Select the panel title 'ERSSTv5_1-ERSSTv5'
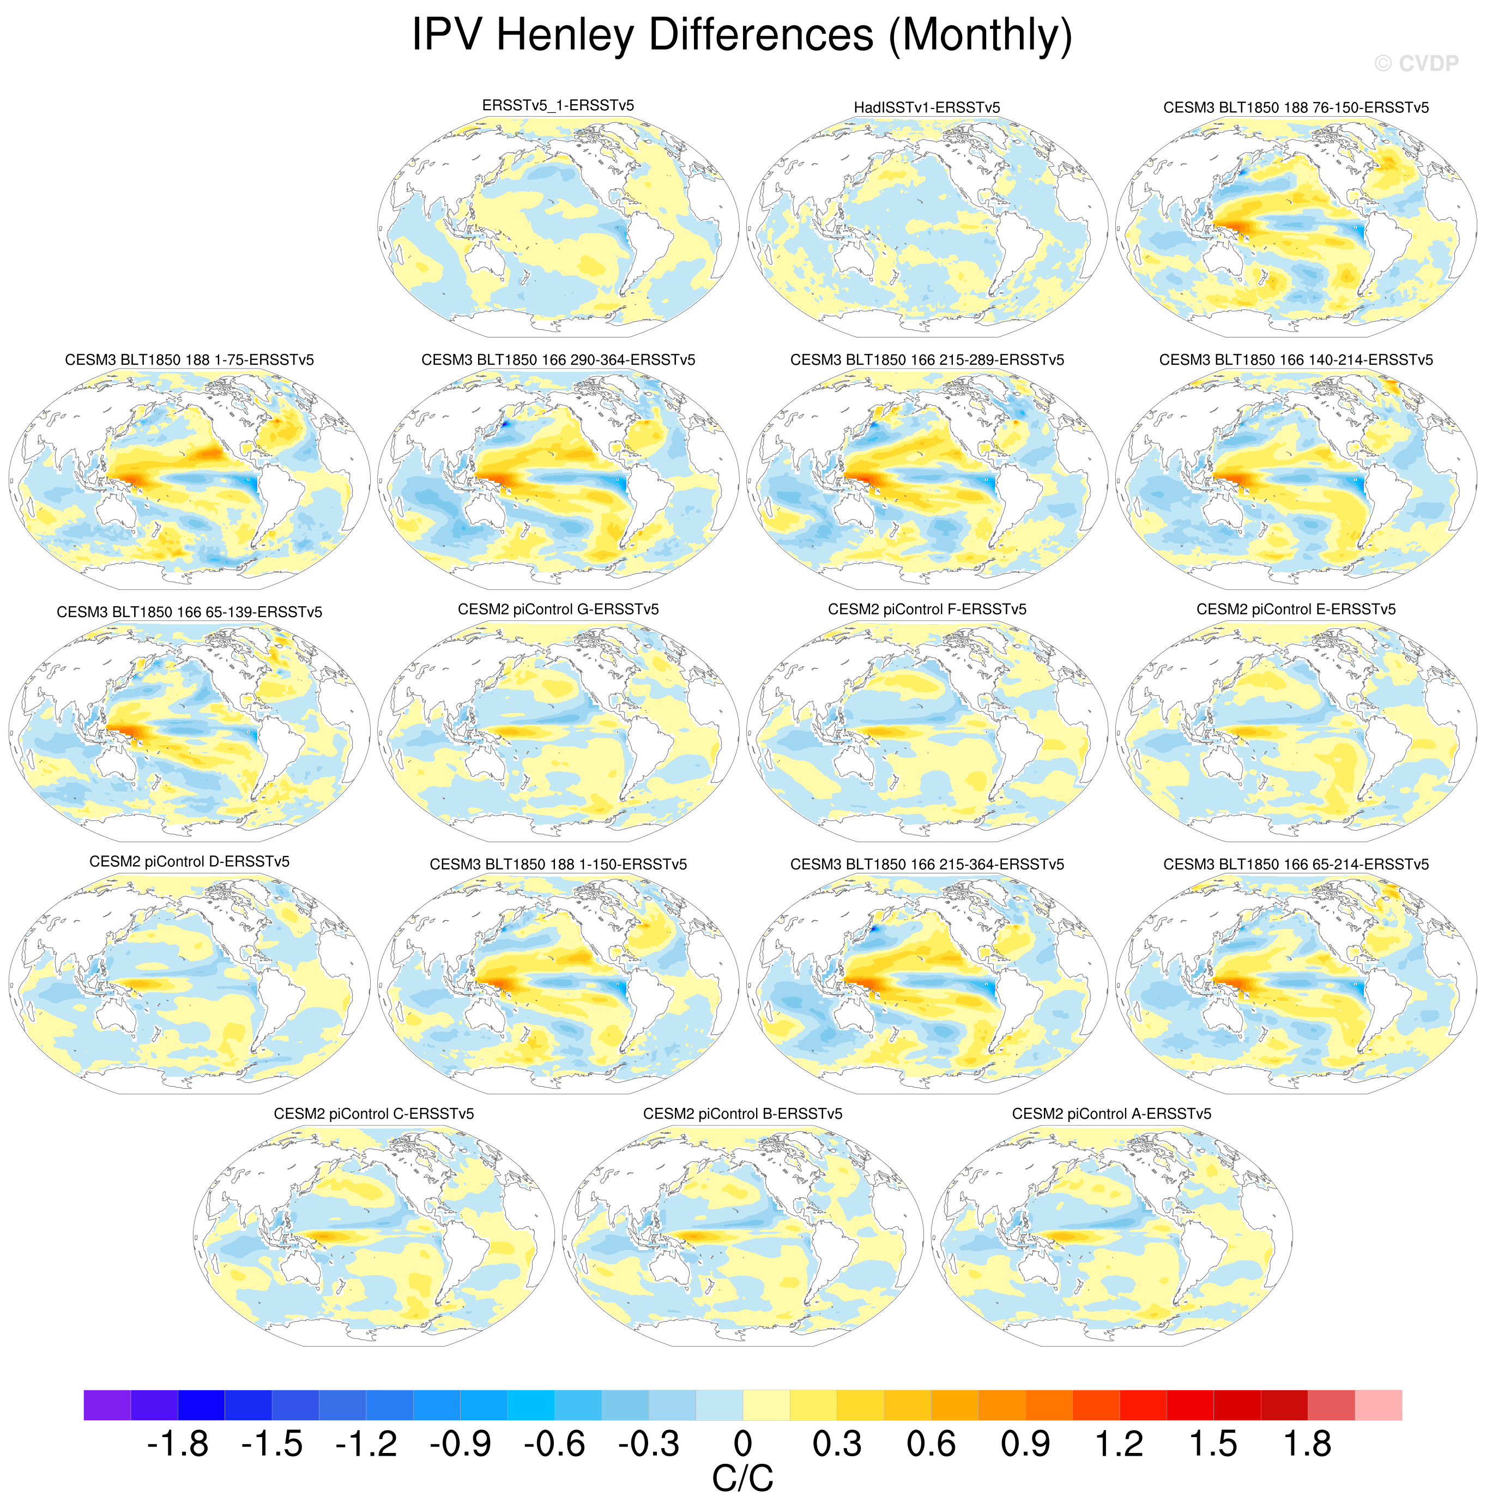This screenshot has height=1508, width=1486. (x=558, y=105)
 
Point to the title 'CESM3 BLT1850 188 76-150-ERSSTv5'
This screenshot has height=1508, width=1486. (x=1296, y=108)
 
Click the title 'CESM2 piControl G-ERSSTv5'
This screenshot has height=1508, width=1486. (x=558, y=609)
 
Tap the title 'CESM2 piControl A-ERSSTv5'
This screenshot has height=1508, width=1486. (x=1112, y=1114)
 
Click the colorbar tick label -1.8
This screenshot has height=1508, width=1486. (x=177, y=1444)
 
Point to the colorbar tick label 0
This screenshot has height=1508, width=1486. (x=742, y=1444)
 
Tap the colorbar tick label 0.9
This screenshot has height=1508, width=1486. (x=1025, y=1444)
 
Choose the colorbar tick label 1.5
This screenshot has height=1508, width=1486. (x=1213, y=1444)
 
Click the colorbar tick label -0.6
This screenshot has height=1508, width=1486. (x=554, y=1444)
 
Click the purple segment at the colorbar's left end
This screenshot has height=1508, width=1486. (x=107, y=1405)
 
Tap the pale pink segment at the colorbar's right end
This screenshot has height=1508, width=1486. (x=1378, y=1405)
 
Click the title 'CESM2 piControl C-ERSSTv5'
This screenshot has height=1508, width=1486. (x=374, y=1114)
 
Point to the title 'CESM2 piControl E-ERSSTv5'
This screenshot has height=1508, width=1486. (x=1296, y=609)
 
